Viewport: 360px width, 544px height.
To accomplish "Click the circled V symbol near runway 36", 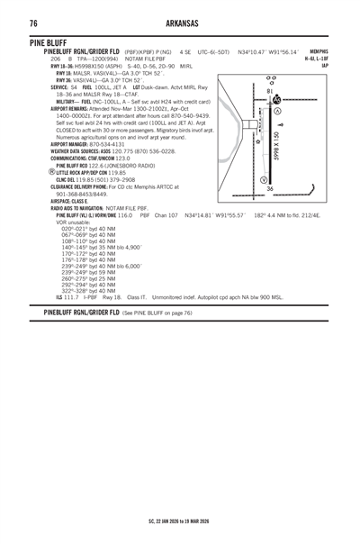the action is pos(287,180).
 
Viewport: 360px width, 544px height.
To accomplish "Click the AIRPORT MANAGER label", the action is pos(58,143).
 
